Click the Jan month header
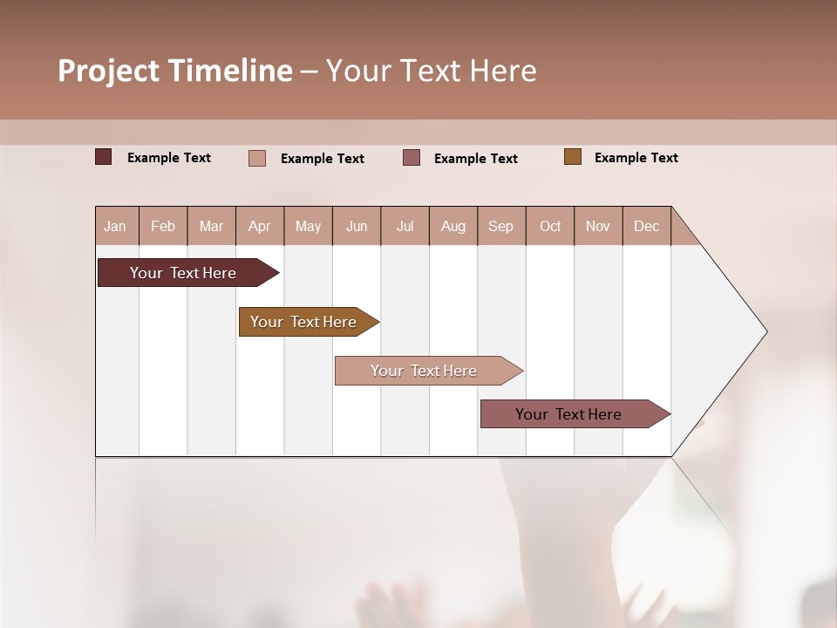point(116,226)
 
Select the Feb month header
point(163,226)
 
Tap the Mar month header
point(211,226)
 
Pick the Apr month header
point(260,226)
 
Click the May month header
point(308,226)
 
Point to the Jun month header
point(357,226)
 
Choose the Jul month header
point(405,226)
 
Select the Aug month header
point(453,226)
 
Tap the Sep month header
point(501,226)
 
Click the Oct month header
point(550,226)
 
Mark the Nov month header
point(598,226)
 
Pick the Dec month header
point(647,226)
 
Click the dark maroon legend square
point(104,157)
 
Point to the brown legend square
point(573,157)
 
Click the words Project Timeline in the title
point(175,71)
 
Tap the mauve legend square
point(412,158)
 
